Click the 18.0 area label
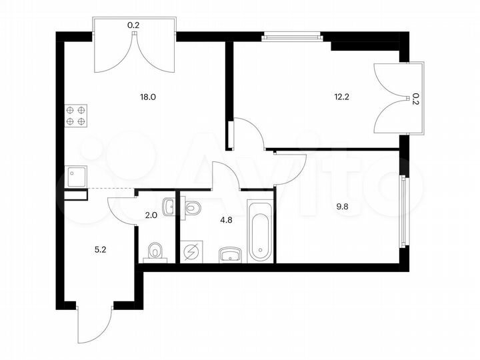click(147, 97)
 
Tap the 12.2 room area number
click(342, 97)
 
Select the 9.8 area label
click(343, 207)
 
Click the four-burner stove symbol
click(75, 116)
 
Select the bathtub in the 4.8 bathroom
click(260, 229)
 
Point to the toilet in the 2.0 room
click(155, 251)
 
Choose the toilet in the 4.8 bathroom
click(192, 207)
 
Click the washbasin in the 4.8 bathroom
click(231, 253)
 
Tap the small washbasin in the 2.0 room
click(168, 206)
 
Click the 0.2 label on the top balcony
click(134, 26)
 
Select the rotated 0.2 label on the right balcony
click(415, 99)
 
